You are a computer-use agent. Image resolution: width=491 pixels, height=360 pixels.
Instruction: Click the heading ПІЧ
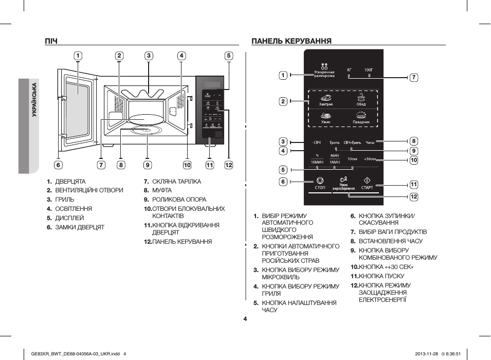(x=51, y=41)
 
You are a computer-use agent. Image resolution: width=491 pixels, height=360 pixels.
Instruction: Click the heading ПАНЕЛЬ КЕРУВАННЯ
(x=291, y=41)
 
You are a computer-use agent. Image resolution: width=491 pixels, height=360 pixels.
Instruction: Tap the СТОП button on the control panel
(x=320, y=183)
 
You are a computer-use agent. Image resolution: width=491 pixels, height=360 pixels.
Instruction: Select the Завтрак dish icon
(x=326, y=99)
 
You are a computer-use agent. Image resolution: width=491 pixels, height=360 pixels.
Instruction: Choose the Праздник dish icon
(x=361, y=118)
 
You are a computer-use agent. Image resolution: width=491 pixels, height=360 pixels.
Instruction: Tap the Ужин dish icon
(x=326, y=118)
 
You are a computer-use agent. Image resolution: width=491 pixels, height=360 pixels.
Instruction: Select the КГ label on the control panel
(x=349, y=69)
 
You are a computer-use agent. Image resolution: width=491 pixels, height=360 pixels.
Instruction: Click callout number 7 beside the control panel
(x=414, y=77)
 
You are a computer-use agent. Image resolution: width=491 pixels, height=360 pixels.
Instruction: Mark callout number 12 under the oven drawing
(x=228, y=165)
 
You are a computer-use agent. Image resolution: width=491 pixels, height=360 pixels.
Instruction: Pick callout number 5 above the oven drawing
(x=228, y=56)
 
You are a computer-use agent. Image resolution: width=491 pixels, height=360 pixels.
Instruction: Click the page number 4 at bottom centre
(x=245, y=319)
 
